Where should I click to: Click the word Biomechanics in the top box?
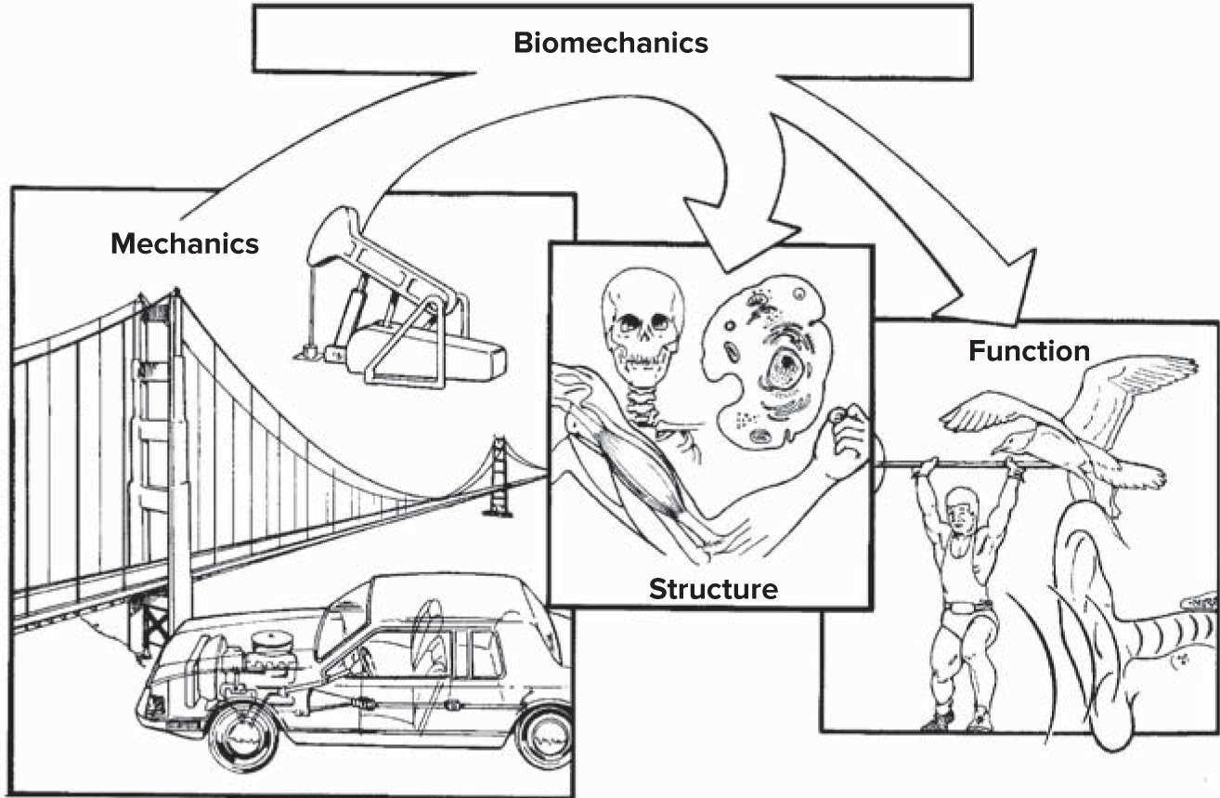610,43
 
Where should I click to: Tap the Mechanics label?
185,243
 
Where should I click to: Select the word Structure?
712,588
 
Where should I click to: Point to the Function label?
1029,351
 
